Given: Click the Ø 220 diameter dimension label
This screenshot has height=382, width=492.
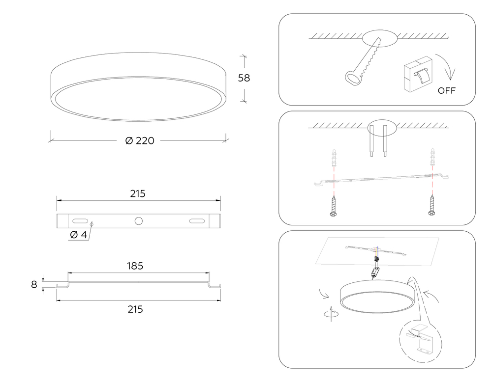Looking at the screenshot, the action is pos(140,140).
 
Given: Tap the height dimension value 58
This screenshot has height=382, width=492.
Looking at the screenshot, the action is pos(244,78).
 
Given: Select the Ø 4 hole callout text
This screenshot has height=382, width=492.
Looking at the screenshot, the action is pos(78,235).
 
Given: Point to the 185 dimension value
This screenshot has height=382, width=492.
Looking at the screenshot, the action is pos(135,266).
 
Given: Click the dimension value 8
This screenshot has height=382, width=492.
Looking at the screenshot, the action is pos(34,284).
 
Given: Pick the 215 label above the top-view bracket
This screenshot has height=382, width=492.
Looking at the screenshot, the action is pos(138,194).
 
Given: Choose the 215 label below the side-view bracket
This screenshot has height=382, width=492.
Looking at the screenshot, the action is pos(135,309).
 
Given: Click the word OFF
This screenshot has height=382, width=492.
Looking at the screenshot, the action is pos(447,91).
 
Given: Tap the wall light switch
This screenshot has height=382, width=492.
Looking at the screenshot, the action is pos(417,74).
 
